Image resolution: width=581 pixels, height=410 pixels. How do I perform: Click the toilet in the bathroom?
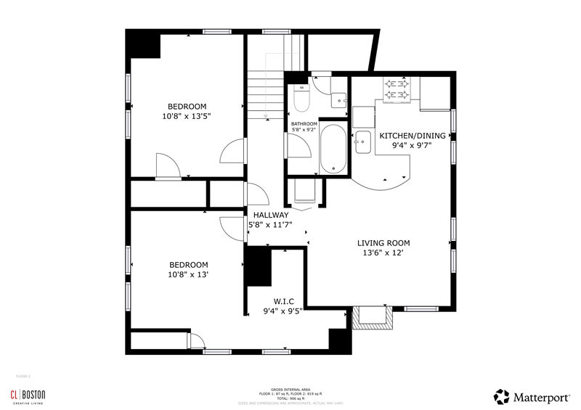pyautogui.click(x=301, y=97)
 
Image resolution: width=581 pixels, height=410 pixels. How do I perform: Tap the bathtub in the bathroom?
pyautogui.click(x=333, y=149)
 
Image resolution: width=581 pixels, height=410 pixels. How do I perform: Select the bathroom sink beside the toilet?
pyautogui.click(x=338, y=99)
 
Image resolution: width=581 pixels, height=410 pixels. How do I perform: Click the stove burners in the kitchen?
pyautogui.click(x=396, y=89)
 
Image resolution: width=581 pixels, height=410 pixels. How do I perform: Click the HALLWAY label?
pyautogui.click(x=271, y=216)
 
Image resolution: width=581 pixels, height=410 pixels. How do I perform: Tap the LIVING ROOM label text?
pyautogui.click(x=383, y=243)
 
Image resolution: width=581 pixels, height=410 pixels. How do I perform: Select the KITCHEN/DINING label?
pyautogui.click(x=413, y=135)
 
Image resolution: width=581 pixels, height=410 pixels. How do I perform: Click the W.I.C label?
pyautogui.click(x=283, y=301)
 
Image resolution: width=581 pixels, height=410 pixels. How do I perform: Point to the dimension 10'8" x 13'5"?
pyautogui.click(x=188, y=115)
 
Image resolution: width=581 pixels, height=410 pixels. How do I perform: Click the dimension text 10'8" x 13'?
pyautogui.click(x=188, y=275)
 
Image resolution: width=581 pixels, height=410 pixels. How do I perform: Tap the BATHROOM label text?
pyautogui.click(x=304, y=124)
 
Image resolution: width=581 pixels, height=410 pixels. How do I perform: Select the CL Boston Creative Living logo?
pyautogui.click(x=27, y=395)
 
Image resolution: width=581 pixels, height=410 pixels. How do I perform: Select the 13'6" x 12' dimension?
pyautogui.click(x=383, y=253)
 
